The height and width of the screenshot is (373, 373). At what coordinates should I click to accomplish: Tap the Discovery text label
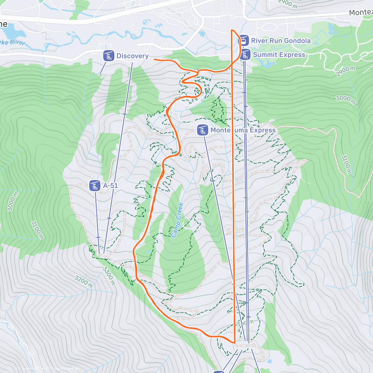pyautogui.click(x=132, y=56)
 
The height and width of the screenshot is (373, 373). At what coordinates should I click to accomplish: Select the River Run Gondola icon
pyautogui.click(x=244, y=40)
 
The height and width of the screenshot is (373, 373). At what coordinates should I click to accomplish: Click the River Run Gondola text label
pyautogui.click(x=281, y=41)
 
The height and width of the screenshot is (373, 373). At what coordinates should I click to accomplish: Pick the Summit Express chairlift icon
pyautogui.click(x=245, y=55)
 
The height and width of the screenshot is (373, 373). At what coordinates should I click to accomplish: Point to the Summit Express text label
pyautogui.click(x=279, y=55)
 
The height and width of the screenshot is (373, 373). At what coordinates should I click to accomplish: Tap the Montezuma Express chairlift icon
pyautogui.click(x=203, y=130)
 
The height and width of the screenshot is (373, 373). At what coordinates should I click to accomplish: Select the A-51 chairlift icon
pyautogui.click(x=94, y=186)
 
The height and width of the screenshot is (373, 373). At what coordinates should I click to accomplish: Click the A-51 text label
pyautogui.click(x=111, y=186)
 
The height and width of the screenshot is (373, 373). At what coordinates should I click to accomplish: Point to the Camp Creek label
pyautogui.click(x=177, y=220)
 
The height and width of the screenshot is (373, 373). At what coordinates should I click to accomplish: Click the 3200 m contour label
pyautogui.click(x=83, y=281)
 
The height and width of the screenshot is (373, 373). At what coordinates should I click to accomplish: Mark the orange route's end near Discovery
pyautogui.click(x=154, y=59)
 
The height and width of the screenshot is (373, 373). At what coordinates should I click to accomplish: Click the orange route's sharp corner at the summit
pyautogui.click(x=234, y=342)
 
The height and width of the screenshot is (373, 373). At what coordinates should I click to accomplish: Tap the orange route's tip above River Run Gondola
pyautogui.click(x=232, y=30)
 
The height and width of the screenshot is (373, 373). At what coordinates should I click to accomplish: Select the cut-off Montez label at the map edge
pyautogui.click(x=361, y=12)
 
